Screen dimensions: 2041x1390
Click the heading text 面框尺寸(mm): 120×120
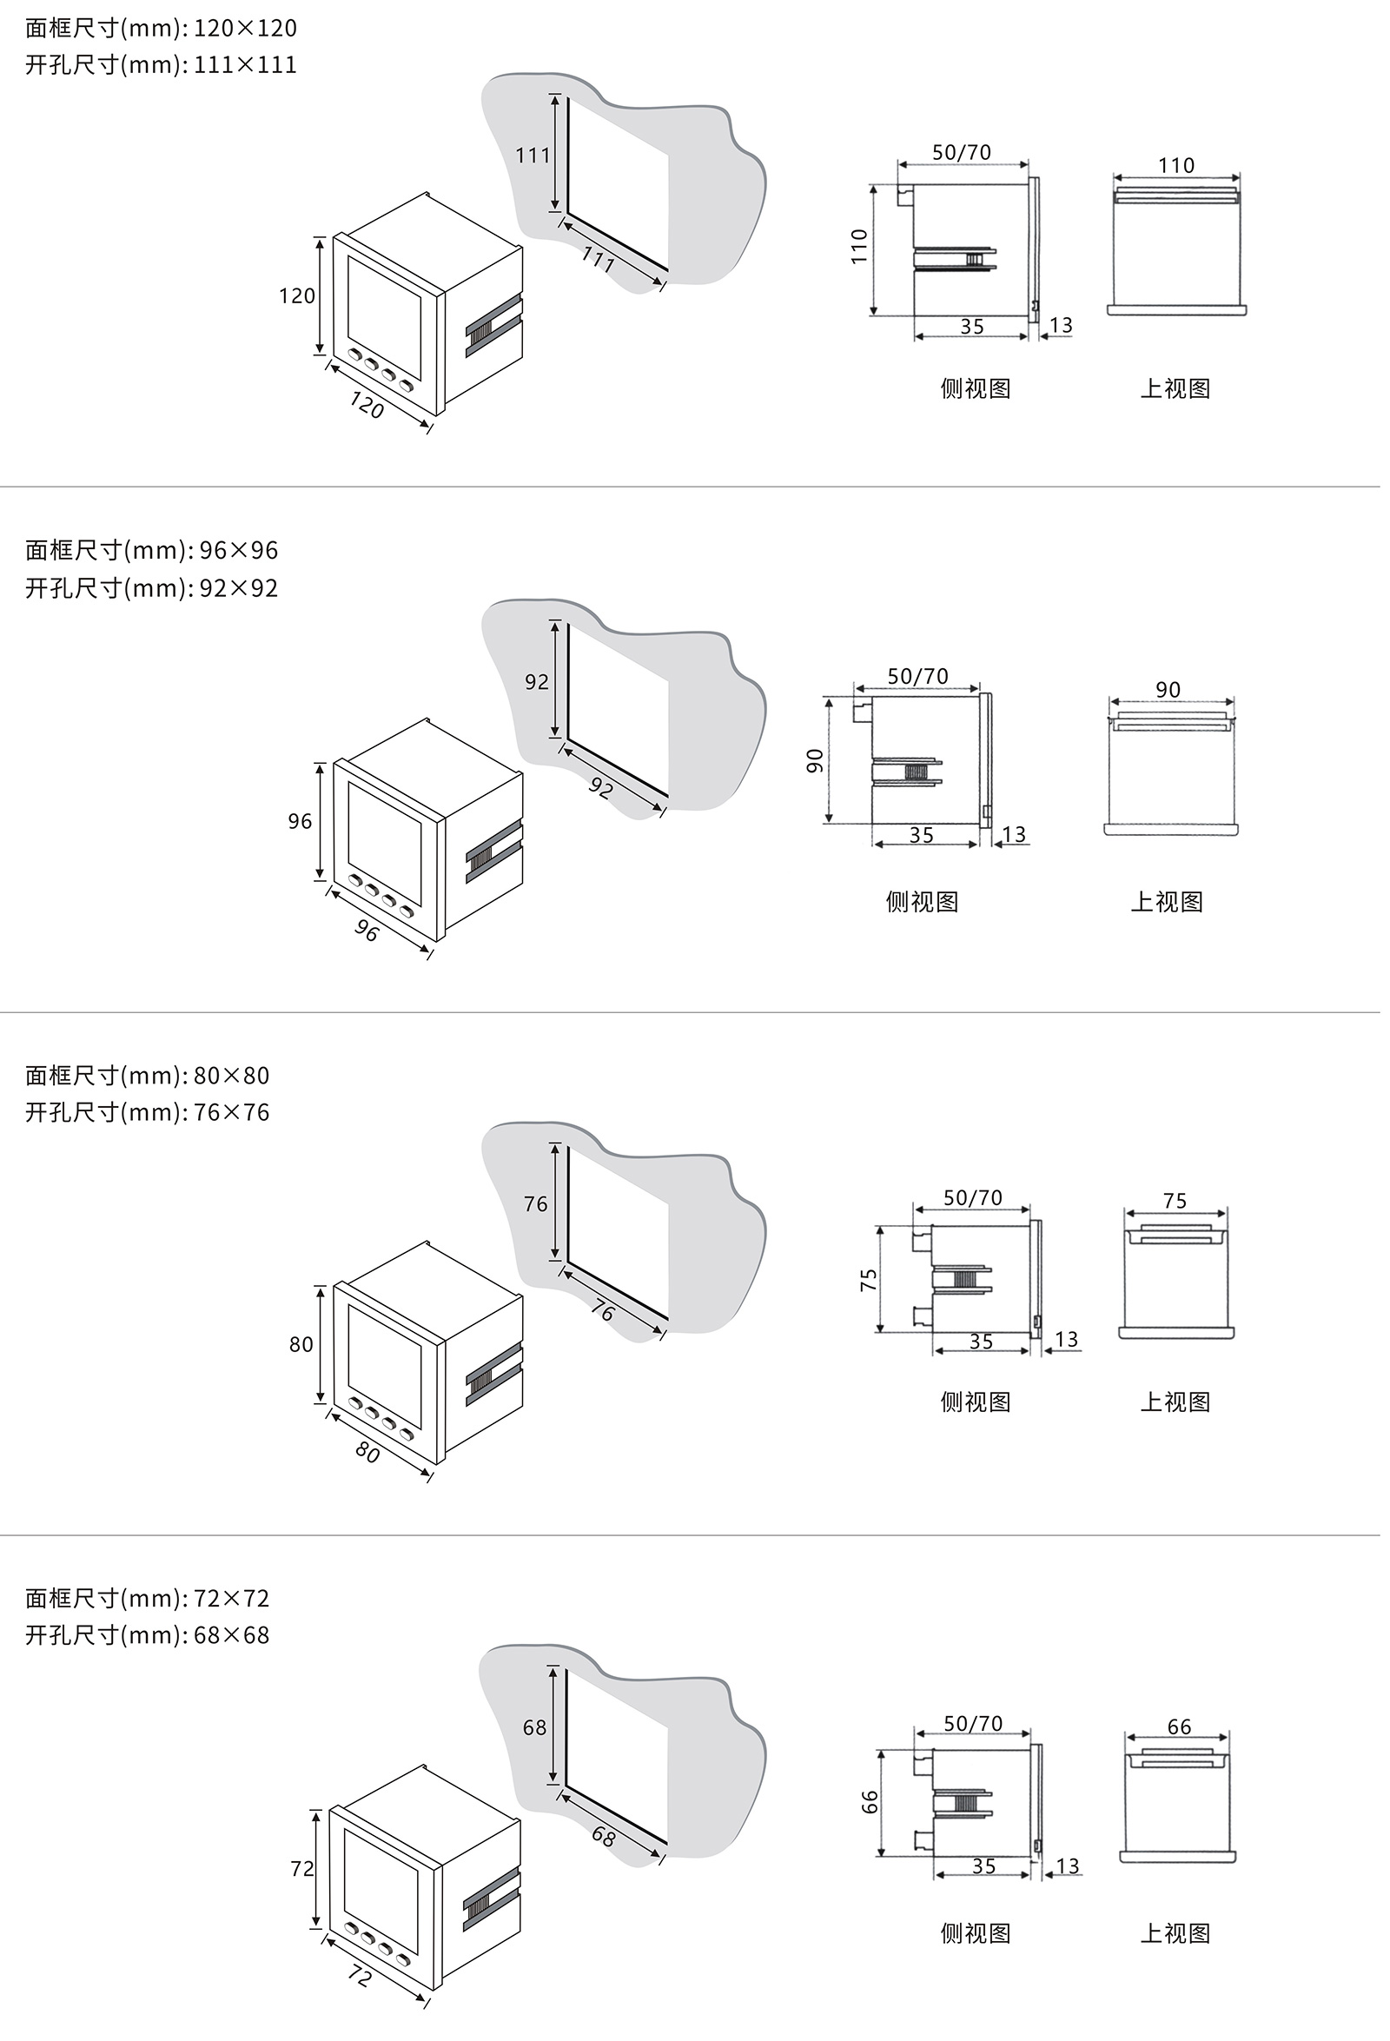[x=161, y=28]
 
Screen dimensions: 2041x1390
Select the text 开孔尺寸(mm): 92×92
[x=151, y=587]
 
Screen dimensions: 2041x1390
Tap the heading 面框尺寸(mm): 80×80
[x=147, y=1075]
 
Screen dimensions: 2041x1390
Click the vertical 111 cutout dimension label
[x=533, y=156]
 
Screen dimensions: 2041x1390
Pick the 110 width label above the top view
[x=1175, y=165]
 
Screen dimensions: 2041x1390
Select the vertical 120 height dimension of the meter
[x=297, y=296]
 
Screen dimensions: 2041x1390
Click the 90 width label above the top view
[x=1168, y=689]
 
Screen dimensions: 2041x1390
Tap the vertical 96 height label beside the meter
[x=300, y=821]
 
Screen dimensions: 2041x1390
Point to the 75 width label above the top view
[x=1175, y=1201]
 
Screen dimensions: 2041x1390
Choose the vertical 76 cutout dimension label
[x=536, y=1204]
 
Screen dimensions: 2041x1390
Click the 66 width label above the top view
[x=1179, y=1726]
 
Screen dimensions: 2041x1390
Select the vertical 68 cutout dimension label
[x=535, y=1727]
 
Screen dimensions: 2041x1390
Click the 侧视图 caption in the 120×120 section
[x=975, y=388]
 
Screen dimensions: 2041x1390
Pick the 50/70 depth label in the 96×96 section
[x=917, y=676]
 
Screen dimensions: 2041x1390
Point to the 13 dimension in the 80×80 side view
[x=1066, y=1339]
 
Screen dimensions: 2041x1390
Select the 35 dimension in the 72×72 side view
[x=983, y=1866]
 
